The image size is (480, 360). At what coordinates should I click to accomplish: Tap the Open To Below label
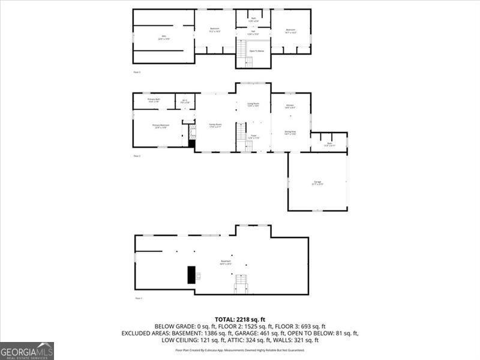pos(256,51)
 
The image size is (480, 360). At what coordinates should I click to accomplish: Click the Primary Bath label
pos(154,100)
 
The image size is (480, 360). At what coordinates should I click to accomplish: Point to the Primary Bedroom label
pos(161,125)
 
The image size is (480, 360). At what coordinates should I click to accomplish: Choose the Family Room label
pos(215,125)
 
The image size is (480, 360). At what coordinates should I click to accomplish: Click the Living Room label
pos(253,104)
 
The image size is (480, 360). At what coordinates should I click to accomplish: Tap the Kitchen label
pos(290,106)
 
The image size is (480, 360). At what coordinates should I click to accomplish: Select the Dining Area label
pos(290,133)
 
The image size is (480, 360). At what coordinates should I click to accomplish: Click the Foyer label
pos(253,137)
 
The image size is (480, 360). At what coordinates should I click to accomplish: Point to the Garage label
pos(317,182)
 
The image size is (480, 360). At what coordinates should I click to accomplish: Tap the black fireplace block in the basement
pos(191,274)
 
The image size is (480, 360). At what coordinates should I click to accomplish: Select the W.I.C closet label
pos(185,101)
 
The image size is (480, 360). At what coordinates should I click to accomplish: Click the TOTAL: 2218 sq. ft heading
pos(240,319)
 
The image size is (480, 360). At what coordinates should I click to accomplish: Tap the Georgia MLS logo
pos(27,350)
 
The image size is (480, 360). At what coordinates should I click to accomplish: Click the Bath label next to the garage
pos(329,144)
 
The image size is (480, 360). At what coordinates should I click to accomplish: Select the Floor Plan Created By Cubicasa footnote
pos(240,350)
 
